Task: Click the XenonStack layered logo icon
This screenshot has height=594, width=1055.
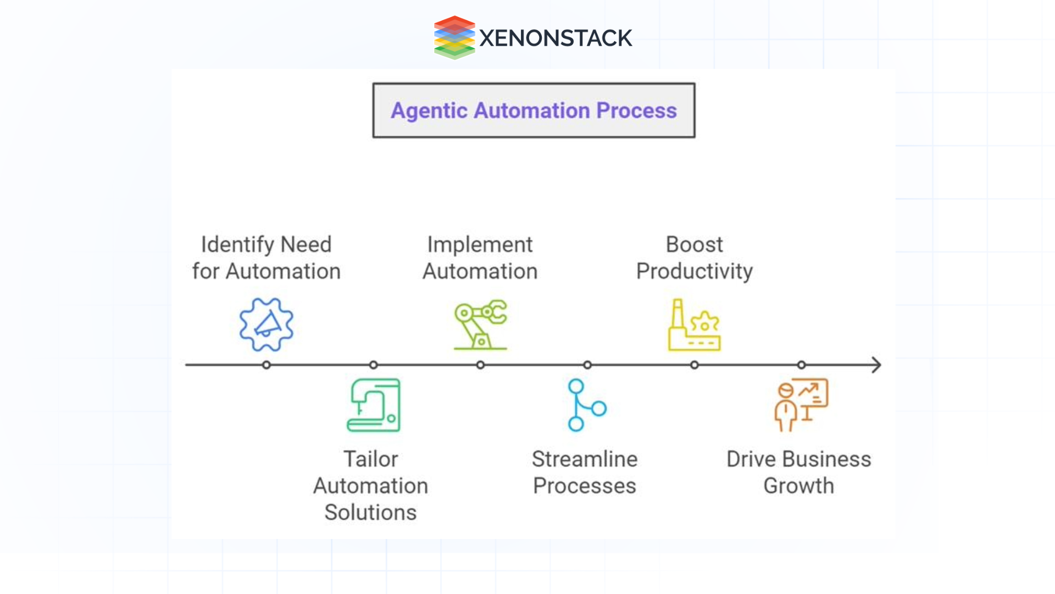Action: tap(454, 37)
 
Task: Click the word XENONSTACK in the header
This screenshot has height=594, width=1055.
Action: tap(556, 38)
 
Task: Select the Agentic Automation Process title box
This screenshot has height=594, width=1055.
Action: tap(534, 111)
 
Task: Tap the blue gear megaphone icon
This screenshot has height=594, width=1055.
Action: tap(266, 324)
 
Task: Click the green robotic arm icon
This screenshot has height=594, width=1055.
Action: tap(480, 324)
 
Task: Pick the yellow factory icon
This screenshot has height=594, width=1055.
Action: tap(694, 325)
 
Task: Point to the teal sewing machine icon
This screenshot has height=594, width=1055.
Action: tap(374, 405)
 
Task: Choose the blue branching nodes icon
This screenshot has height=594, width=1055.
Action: tap(586, 405)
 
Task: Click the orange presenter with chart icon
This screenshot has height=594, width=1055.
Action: tap(801, 405)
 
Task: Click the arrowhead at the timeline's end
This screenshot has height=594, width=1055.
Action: tap(877, 365)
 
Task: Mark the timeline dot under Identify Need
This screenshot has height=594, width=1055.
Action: tap(266, 365)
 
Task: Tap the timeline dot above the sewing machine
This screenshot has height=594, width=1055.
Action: tap(374, 365)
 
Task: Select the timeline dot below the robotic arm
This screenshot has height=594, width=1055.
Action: tap(480, 365)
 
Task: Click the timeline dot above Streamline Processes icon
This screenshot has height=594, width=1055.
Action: tap(587, 365)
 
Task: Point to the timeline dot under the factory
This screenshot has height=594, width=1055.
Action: tap(695, 365)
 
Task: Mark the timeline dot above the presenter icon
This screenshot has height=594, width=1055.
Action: tap(802, 365)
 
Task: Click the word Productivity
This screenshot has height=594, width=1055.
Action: tap(695, 271)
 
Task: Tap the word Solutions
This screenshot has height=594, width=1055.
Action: tap(370, 512)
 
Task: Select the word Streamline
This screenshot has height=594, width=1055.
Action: tap(585, 459)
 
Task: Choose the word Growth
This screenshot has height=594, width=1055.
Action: tap(798, 486)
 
